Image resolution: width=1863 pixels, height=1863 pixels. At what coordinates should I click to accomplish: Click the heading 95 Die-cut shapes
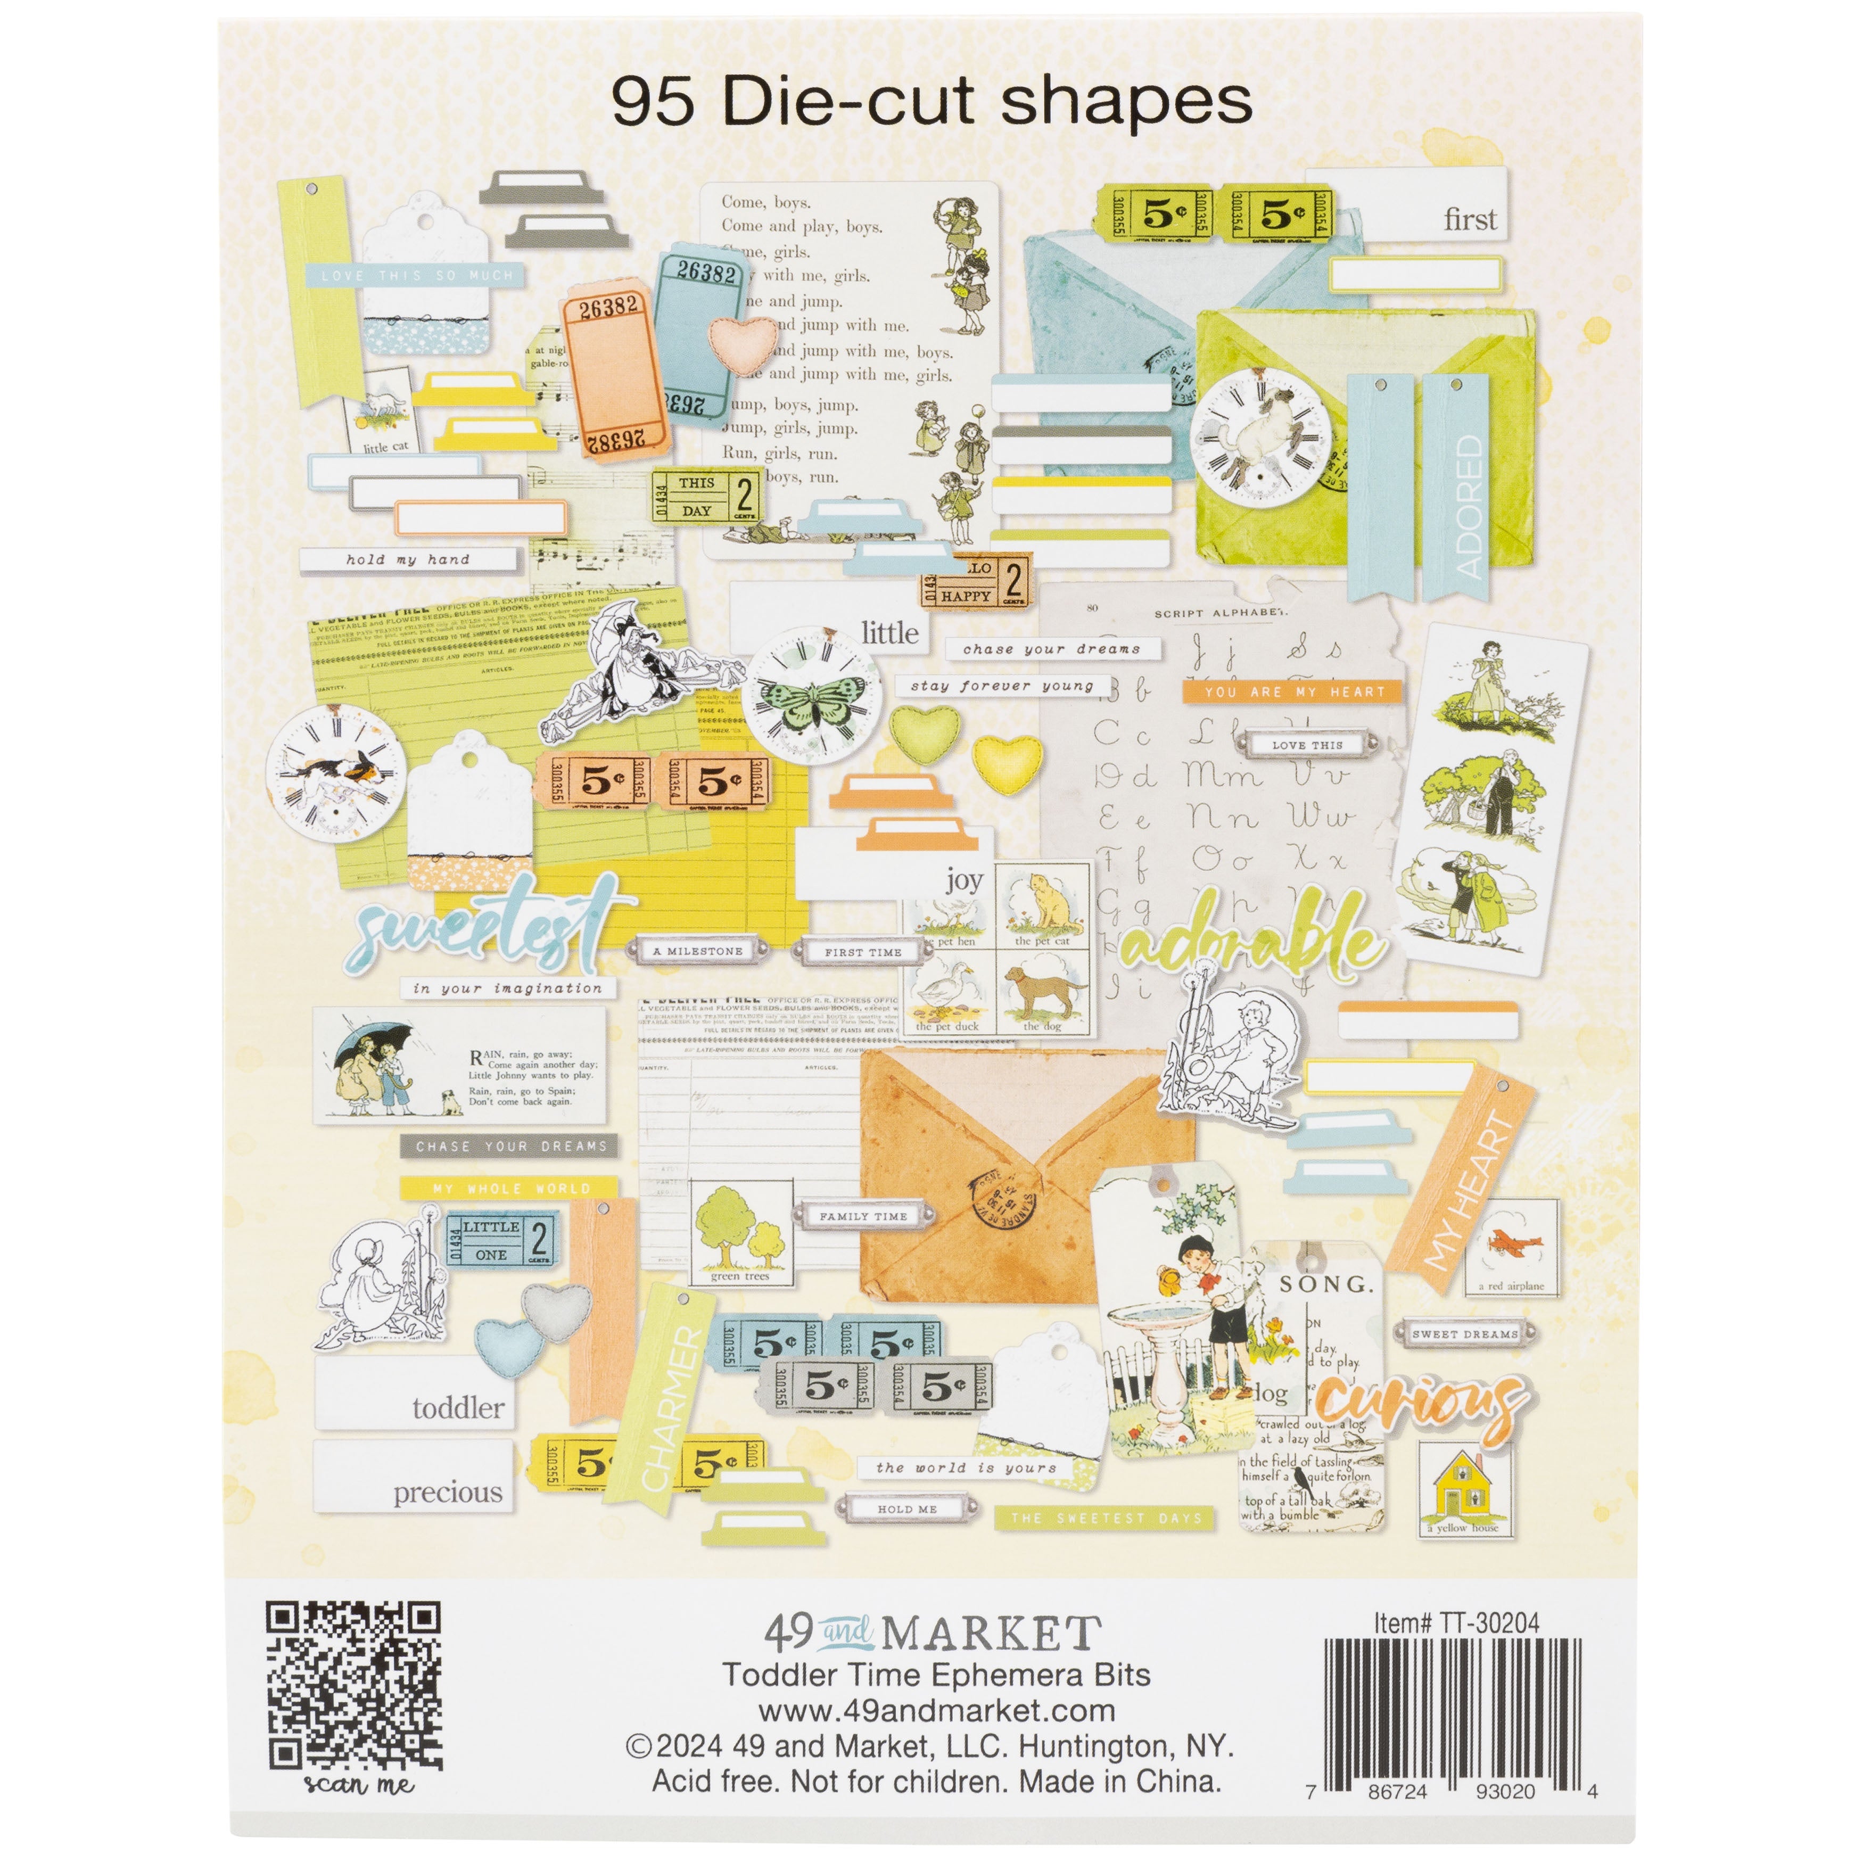tap(931, 102)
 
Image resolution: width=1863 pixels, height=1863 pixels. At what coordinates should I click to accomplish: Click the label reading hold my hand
tap(408, 559)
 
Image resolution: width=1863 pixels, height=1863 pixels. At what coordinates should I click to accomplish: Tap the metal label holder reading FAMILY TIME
tap(863, 1217)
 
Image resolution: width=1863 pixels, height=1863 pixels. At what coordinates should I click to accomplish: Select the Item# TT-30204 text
tap(1456, 1623)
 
